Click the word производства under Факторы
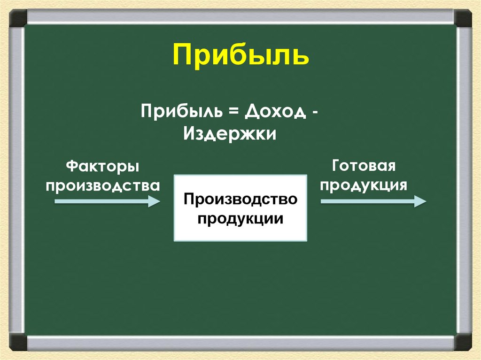coord(102,185)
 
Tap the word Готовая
coord(365,166)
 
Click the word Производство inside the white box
coord(240,199)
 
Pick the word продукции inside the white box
coord(240,218)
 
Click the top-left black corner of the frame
coord(18,18)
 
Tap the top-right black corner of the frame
coord(463,18)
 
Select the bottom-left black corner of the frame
coord(18,342)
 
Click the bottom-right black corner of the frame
coord(463,342)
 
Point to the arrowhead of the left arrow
coord(155,201)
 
